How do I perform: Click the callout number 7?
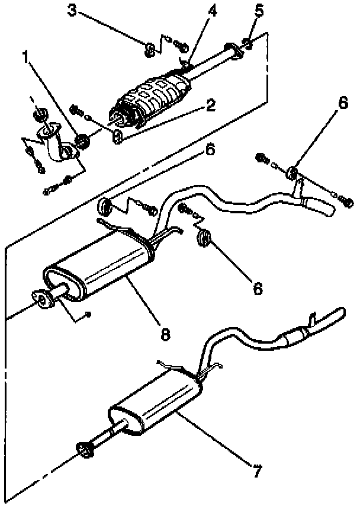coord(257,472)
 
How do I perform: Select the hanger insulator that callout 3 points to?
coord(150,48)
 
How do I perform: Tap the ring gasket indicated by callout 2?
coord(117,138)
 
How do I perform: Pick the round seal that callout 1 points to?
coord(83,141)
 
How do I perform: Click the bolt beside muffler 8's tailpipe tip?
coord(348,204)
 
